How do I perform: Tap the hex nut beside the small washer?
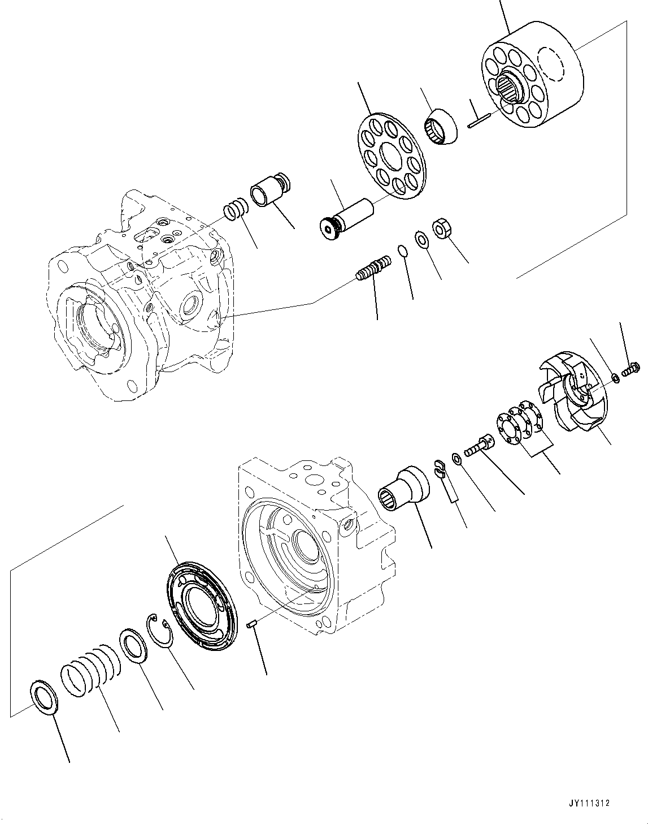pos(440,229)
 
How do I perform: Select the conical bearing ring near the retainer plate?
pos(440,127)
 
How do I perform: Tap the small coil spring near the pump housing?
pos(236,209)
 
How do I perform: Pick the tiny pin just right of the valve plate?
pos(253,624)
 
